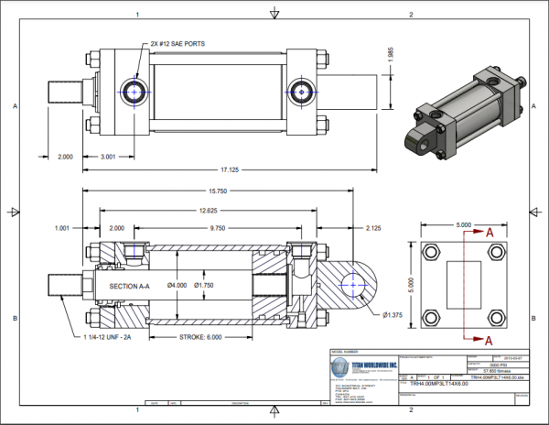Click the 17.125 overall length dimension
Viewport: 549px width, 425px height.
point(218,169)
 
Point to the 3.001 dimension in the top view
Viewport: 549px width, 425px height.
point(107,157)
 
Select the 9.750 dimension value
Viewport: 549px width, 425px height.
point(217,227)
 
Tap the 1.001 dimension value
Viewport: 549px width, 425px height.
point(63,227)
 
